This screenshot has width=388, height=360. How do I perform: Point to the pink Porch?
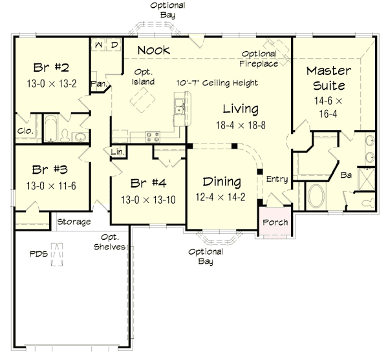click(x=274, y=223)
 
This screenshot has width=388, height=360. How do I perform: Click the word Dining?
click(x=222, y=182)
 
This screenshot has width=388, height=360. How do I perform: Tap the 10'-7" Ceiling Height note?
click(x=217, y=83)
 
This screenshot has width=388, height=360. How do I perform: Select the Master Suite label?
click(x=329, y=78)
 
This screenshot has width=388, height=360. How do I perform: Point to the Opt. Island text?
click(x=144, y=77)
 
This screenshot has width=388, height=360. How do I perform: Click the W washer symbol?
click(x=100, y=45)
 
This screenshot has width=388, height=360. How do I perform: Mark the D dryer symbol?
click(x=114, y=45)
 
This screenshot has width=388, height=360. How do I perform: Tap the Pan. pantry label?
click(x=98, y=83)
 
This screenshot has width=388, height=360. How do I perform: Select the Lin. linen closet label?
click(x=118, y=152)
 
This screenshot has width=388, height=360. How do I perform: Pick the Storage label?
click(x=74, y=222)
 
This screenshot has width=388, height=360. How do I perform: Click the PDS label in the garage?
click(x=39, y=254)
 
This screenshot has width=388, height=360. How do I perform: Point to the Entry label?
click(x=277, y=179)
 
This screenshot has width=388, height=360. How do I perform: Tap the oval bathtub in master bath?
click(x=316, y=196)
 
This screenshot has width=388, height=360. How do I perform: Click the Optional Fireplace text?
click(x=260, y=59)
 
